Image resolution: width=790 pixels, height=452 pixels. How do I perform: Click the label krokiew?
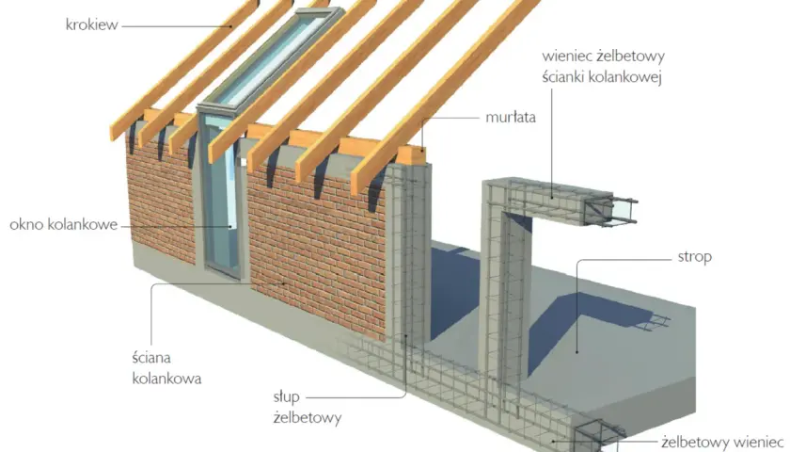(x=92, y=24)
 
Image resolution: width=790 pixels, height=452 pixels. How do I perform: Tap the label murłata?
(x=511, y=118)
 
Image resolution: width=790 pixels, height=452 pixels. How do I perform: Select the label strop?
(x=694, y=257)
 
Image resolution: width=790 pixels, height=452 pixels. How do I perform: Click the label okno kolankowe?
(x=64, y=224)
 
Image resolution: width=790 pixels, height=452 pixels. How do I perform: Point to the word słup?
(x=286, y=397)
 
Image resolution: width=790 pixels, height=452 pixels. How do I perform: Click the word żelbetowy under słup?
(x=308, y=418)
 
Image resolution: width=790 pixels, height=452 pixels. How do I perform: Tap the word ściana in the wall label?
(x=151, y=358)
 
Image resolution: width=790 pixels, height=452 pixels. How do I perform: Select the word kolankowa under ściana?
(x=166, y=379)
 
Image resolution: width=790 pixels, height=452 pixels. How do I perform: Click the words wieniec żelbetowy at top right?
(x=603, y=56)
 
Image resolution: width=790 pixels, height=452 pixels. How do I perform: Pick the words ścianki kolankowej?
(x=602, y=77)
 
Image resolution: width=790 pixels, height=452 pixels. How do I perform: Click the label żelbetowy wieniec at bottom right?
(x=724, y=443)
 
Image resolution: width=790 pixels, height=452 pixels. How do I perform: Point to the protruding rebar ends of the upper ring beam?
(x=624, y=211)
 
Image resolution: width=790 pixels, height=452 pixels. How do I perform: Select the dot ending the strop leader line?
(x=577, y=352)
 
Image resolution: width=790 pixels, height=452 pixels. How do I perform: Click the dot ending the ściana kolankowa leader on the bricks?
(x=283, y=283)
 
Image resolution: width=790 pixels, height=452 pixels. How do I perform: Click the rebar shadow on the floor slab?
(x=654, y=322)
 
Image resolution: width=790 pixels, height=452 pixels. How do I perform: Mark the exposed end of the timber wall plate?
(x=411, y=155)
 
